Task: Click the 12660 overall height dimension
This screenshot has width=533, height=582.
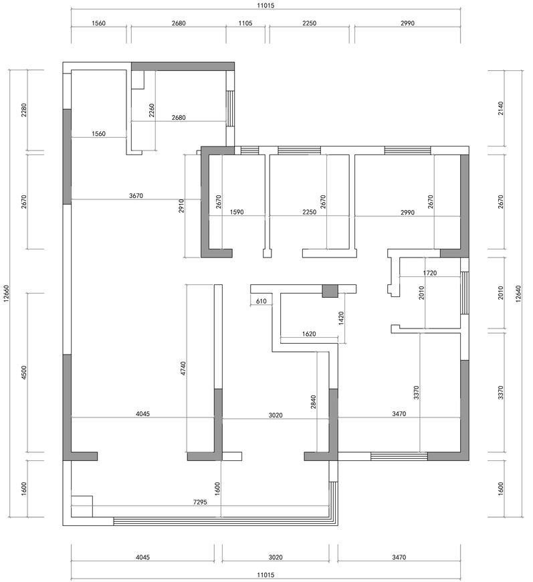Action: click(6, 294)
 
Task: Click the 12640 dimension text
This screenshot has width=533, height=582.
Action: click(518, 294)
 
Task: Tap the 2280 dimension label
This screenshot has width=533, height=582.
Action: click(24, 110)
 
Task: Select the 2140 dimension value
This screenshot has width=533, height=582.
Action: click(501, 108)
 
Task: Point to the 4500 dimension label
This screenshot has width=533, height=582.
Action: click(24, 373)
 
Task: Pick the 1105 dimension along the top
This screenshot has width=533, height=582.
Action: click(245, 23)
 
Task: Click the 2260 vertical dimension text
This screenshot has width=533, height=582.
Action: click(151, 110)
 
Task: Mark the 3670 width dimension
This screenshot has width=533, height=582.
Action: click(136, 195)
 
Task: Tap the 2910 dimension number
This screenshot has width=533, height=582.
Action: click(181, 206)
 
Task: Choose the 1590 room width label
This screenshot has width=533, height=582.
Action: click(237, 212)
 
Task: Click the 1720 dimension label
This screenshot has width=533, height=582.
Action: click(430, 273)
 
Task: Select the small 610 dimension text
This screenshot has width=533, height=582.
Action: click(261, 301)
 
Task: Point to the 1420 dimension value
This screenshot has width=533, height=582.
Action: click(342, 318)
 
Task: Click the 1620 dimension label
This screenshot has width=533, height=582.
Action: click(309, 334)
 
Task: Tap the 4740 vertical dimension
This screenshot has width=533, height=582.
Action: click(183, 369)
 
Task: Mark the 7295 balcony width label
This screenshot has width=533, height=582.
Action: click(200, 502)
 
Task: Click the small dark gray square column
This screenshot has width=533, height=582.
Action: click(330, 291)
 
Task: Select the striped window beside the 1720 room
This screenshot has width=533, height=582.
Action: click(465, 293)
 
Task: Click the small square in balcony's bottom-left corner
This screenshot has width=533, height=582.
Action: click(82, 506)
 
